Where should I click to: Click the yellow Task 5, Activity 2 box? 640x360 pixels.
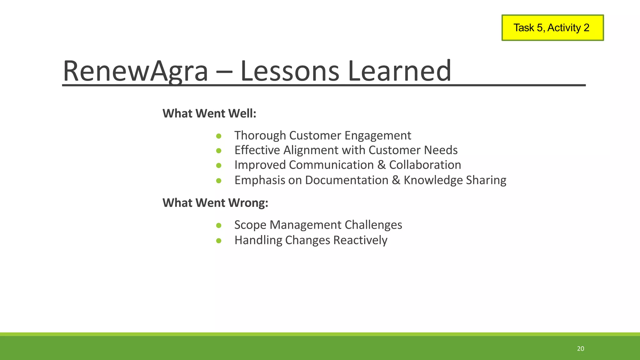point(552,28)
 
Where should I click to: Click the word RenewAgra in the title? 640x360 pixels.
point(135,71)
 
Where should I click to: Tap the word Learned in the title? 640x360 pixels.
point(399,71)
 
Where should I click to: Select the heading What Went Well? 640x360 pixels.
point(209,113)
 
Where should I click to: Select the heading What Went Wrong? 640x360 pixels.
point(215,203)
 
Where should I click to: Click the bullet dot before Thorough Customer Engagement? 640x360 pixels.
point(219,136)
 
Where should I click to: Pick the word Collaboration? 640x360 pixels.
point(425,165)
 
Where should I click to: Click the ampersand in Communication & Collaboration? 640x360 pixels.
point(381,165)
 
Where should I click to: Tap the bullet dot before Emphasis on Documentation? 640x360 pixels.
point(219,181)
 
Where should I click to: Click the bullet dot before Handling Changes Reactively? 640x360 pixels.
point(219,241)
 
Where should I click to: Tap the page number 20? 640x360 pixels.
point(580,349)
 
